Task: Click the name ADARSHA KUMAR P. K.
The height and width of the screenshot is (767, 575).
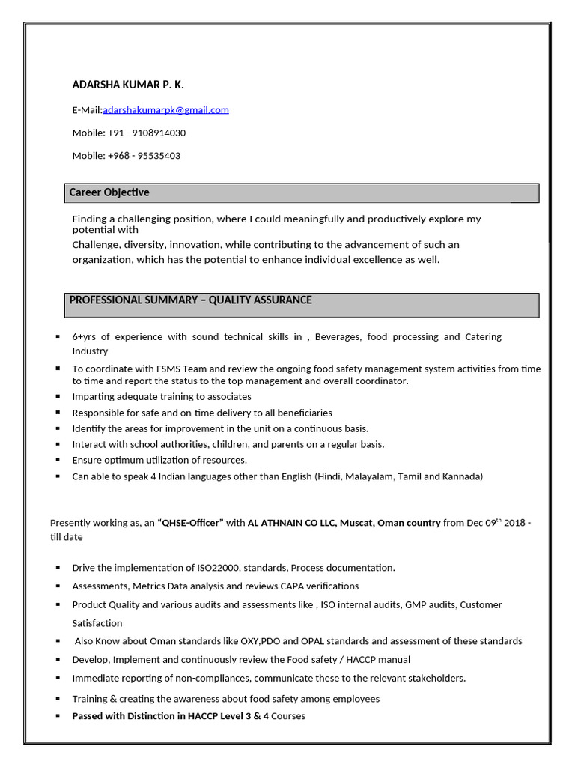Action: [127, 85]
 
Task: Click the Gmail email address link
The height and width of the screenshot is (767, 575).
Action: [165, 110]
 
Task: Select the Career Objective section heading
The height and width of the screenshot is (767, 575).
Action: [109, 192]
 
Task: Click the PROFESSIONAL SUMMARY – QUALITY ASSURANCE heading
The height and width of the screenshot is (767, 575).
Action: [190, 300]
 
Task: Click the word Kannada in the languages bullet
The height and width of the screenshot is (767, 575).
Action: [462, 476]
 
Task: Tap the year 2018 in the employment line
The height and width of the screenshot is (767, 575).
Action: [514, 523]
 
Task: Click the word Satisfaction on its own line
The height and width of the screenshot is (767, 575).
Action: [97, 623]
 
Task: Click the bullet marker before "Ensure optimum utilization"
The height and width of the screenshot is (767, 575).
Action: [58, 460]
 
